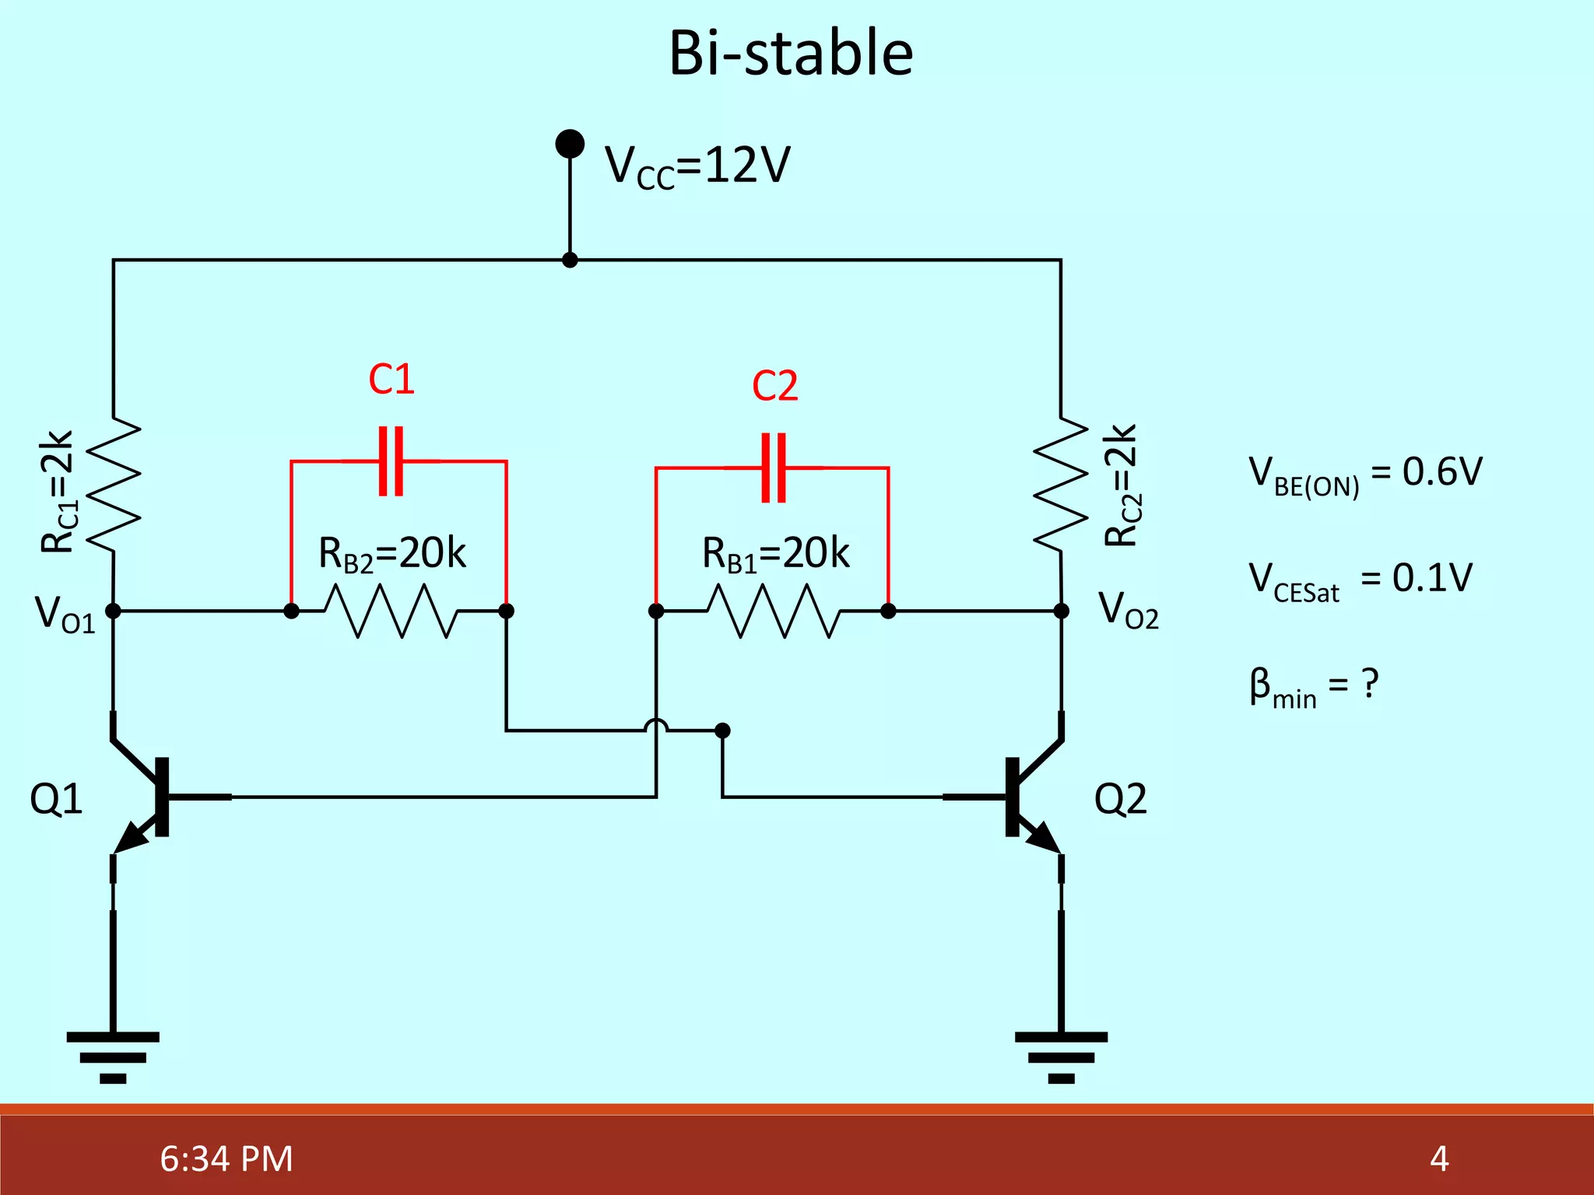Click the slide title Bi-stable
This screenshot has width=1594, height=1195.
[x=791, y=54]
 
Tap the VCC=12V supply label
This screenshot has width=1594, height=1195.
[x=697, y=166]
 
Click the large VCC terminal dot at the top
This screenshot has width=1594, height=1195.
[x=570, y=144]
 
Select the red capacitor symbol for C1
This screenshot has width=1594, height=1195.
[x=391, y=461]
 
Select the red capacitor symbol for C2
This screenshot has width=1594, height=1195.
[x=774, y=468]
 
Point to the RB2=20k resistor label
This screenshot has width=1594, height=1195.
[x=392, y=554]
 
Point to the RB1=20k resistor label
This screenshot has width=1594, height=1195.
[x=775, y=554]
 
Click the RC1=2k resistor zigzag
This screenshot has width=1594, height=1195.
[x=114, y=484]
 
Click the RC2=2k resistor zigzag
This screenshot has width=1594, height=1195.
[x=1061, y=484]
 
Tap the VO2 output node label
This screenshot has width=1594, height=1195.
[x=1128, y=610]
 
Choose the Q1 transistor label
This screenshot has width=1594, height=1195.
[x=56, y=799]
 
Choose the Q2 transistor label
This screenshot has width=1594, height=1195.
[x=1121, y=799]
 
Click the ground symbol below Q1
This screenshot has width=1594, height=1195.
[x=114, y=1057]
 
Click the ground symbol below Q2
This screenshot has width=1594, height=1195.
[x=1061, y=1057]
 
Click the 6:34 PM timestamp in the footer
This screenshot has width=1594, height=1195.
[x=226, y=1158]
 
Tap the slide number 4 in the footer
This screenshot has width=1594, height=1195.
[x=1439, y=1158]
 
